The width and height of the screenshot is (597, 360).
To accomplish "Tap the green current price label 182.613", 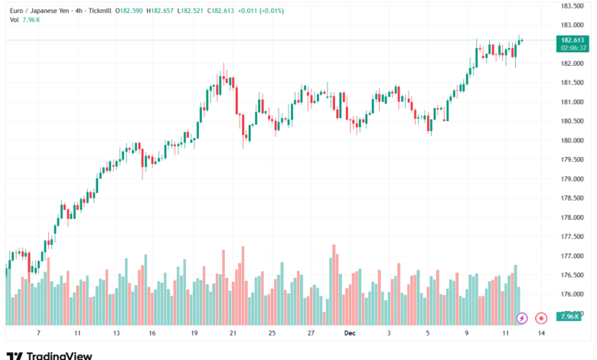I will pyautogui.click(x=573, y=39).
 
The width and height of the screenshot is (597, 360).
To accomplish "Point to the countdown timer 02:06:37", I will pyautogui.click(x=573, y=47).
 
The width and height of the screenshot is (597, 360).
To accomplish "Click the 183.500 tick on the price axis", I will pyautogui.click(x=573, y=5).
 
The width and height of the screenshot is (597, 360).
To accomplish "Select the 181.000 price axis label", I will pyautogui.click(x=573, y=102).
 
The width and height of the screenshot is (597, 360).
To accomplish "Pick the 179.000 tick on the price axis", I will pyautogui.click(x=573, y=179).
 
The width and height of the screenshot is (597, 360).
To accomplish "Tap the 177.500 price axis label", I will pyautogui.click(x=573, y=237).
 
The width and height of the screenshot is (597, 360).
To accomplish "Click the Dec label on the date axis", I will pyautogui.click(x=350, y=334).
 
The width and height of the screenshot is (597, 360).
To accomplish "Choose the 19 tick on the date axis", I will pyautogui.click(x=195, y=334).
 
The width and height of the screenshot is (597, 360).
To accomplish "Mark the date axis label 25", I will pyautogui.click(x=272, y=334).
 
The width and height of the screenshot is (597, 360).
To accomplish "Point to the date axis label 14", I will pyautogui.click(x=541, y=334).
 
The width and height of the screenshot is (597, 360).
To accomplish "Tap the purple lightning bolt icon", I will pyautogui.click(x=522, y=317).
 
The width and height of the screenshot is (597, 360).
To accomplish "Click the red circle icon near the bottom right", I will pyautogui.click(x=541, y=317).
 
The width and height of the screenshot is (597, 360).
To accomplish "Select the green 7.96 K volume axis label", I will pyautogui.click(x=569, y=316).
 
